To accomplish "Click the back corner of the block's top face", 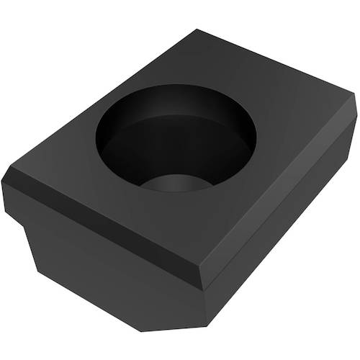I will pyautogui.click(x=197, y=30).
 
